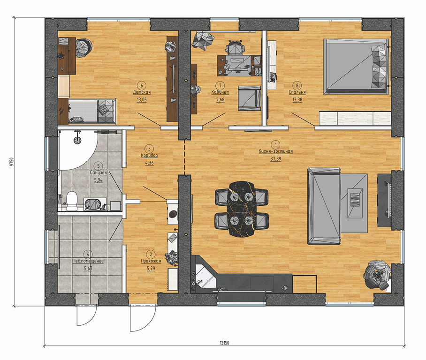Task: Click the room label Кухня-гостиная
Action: (275, 151)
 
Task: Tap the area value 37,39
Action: (276, 159)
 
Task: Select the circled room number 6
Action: (142, 85)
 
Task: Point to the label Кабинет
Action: (221, 92)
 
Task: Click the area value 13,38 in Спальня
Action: (297, 100)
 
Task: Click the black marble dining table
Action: (242, 208)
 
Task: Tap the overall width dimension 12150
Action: (224, 343)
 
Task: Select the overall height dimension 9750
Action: (11, 161)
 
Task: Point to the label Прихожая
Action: (151, 261)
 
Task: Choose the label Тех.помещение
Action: (88, 261)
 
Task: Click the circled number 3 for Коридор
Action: (149, 149)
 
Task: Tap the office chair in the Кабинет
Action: (235, 48)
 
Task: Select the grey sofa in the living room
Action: (324, 206)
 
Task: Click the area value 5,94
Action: (99, 180)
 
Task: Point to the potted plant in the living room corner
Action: (378, 274)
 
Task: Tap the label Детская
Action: (142, 92)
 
